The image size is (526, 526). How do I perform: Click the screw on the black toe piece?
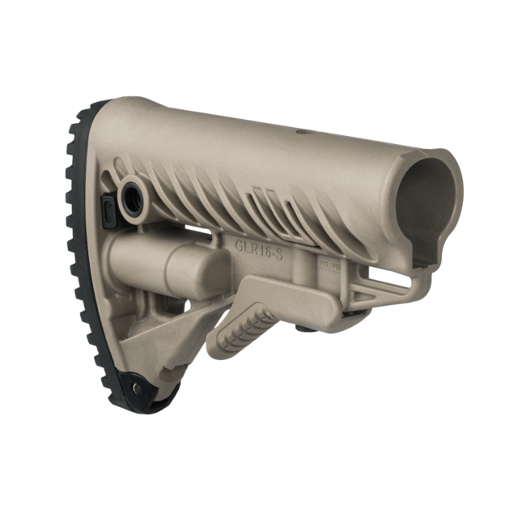point(137,388)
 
